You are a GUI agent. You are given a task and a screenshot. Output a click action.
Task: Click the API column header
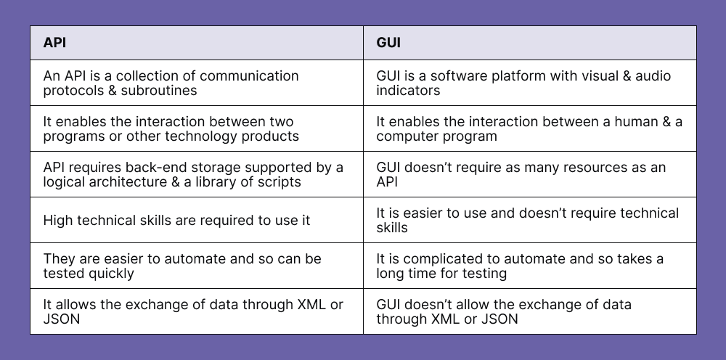tap(54, 43)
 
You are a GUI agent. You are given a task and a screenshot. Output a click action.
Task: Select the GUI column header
tap(388, 43)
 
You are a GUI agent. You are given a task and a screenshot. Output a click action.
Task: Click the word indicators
tap(408, 91)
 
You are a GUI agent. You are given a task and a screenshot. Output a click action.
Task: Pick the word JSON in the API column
tap(62, 319)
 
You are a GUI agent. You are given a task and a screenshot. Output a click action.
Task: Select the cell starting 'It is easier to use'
tap(529, 220)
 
